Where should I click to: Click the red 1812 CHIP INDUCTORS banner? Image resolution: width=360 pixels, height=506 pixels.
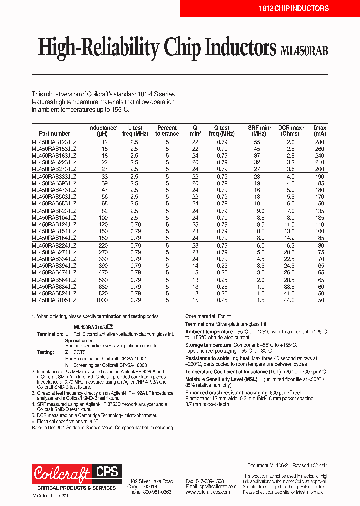(269, 8)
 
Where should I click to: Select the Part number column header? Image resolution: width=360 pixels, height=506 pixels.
(55, 134)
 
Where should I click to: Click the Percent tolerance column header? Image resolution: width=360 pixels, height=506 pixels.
(167, 131)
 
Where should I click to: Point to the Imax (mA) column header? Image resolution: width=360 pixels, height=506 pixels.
(320, 131)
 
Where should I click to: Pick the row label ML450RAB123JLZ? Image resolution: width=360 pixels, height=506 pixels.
(54, 143)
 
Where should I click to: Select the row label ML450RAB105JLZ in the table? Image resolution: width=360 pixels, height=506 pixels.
(54, 300)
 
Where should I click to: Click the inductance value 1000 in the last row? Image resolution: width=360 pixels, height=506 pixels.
(102, 300)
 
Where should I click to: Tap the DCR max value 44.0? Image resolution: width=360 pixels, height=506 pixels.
(290, 300)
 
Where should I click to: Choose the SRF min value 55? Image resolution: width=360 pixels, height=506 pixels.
(257, 143)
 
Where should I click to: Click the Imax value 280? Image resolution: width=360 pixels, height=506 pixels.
(320, 143)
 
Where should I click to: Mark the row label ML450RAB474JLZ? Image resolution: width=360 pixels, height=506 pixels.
(54, 273)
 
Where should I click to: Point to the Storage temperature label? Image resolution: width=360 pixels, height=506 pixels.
(208, 345)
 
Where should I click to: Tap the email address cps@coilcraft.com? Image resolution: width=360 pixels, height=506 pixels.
(208, 486)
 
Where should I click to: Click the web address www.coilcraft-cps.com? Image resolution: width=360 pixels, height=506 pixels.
(208, 492)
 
